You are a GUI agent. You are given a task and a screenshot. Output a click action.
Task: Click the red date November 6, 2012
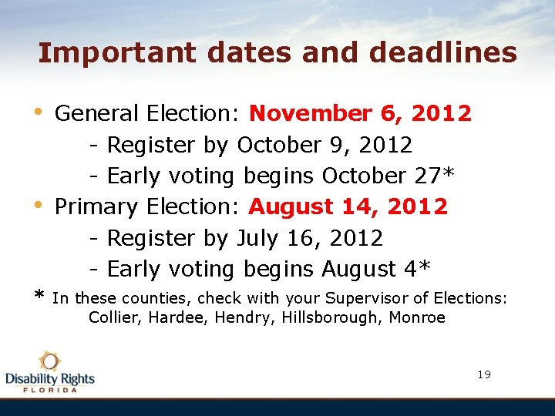pos(360,114)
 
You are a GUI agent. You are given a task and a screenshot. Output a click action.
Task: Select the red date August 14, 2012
pos(348,206)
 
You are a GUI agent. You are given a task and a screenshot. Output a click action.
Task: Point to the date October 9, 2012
pos(325,145)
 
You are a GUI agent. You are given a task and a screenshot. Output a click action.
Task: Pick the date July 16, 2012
pos(310,238)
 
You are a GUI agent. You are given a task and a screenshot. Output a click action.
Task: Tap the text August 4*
pos(376,269)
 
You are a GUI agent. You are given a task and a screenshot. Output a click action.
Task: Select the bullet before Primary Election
pos(41,205)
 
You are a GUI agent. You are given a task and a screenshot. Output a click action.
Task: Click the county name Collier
pos(110,317)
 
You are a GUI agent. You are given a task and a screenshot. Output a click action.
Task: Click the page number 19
pos(484,374)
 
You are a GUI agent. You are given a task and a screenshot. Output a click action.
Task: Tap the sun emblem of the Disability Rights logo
pos(50,361)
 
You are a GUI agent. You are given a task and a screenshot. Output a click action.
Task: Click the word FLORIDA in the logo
pos(50,390)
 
